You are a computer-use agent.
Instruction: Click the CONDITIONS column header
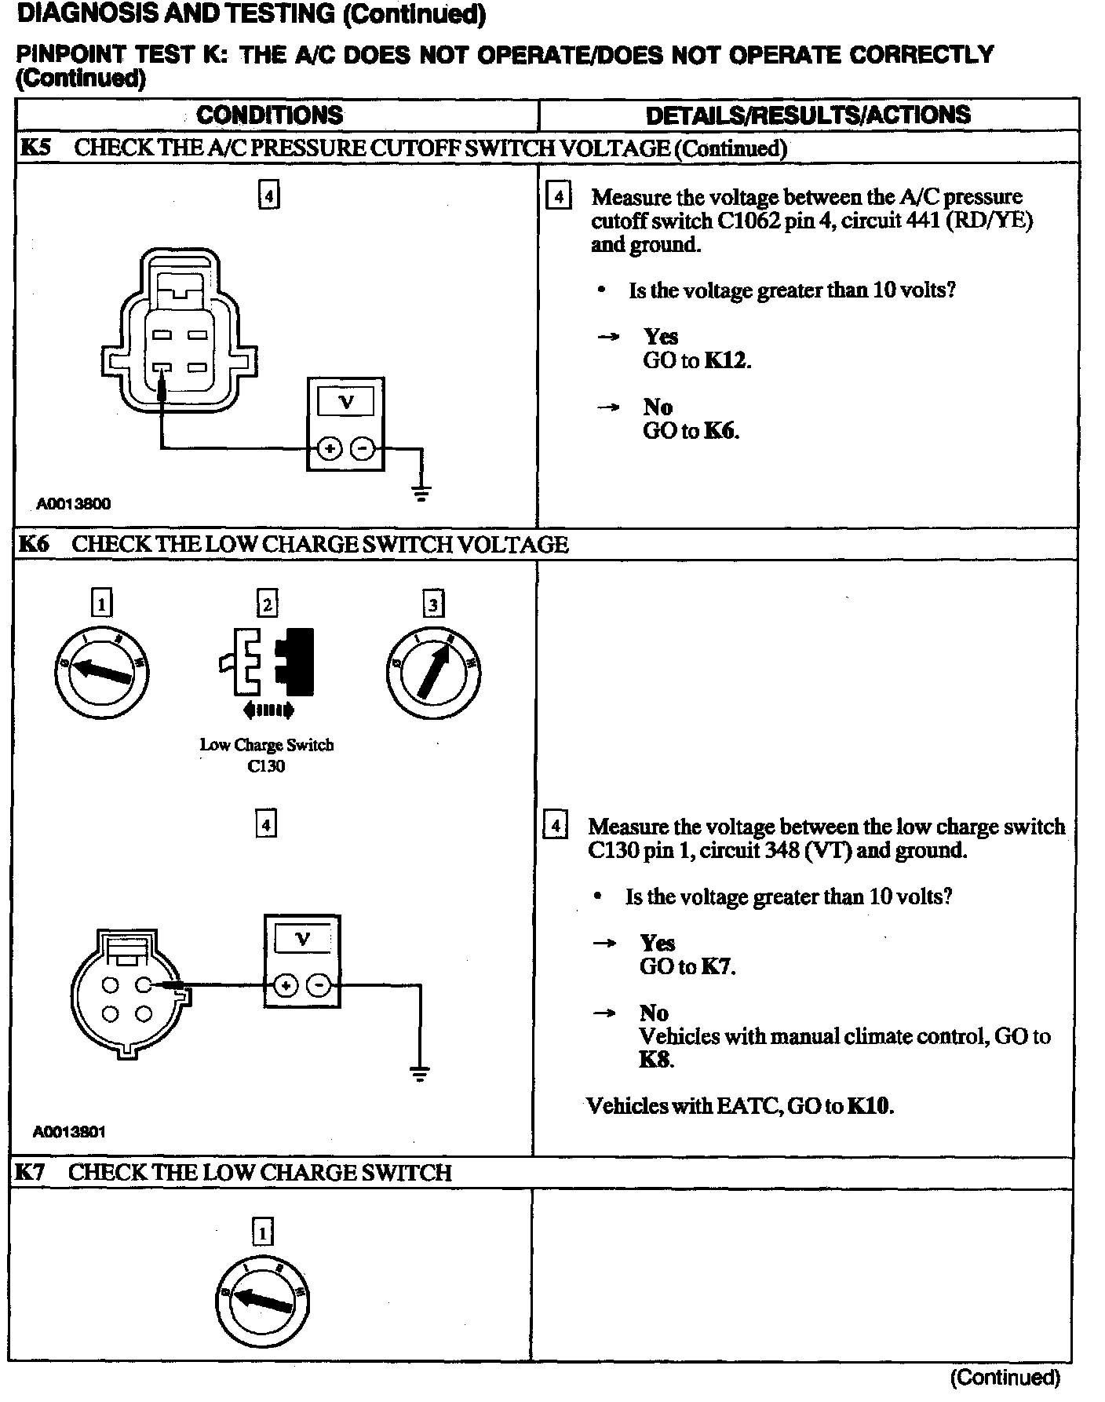[x=269, y=115]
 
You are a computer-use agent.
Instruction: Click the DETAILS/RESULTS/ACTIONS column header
[x=808, y=115]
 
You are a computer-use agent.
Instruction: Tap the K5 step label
[x=35, y=148]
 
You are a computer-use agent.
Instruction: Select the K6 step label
[x=33, y=544]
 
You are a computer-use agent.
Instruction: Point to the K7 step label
[x=31, y=1172]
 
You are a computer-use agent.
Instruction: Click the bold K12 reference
[x=727, y=360]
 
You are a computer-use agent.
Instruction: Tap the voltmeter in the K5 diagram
[x=345, y=424]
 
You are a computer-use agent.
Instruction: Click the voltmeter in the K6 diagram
[x=302, y=960]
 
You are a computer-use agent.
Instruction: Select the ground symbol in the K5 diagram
[x=421, y=493]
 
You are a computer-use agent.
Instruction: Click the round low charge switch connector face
[x=128, y=995]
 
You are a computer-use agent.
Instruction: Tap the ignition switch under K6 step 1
[x=101, y=671]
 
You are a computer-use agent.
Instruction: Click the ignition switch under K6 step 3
[x=433, y=673]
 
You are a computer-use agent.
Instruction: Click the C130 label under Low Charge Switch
[x=266, y=766]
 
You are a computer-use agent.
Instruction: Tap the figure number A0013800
[x=73, y=504]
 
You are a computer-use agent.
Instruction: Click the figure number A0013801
[x=69, y=1131]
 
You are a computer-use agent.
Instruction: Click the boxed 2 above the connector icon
[x=268, y=604]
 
